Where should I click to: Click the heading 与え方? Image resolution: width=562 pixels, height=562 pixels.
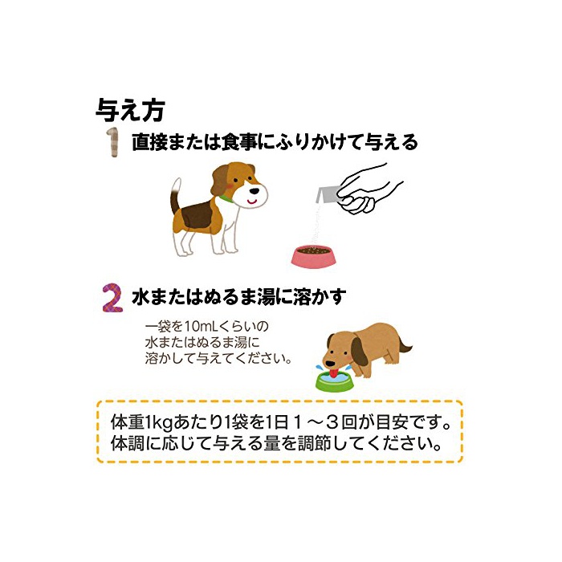tap(130, 110)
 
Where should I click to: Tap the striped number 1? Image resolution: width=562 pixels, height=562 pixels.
tap(112, 142)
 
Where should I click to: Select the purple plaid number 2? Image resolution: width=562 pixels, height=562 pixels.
tap(112, 298)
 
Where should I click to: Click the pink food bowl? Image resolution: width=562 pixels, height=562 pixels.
tap(314, 256)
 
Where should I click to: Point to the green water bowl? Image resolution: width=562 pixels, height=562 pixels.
tap(334, 381)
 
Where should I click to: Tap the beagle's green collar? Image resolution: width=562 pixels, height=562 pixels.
tap(226, 198)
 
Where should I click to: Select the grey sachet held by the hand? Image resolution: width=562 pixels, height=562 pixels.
tap(326, 194)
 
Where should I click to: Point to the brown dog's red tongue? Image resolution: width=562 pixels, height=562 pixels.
tap(334, 373)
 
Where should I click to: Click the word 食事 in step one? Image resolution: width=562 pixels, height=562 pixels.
tap(238, 142)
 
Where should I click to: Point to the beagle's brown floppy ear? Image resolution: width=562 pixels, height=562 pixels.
tap(220, 179)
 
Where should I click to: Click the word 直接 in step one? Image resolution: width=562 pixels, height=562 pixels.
tap(149, 142)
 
